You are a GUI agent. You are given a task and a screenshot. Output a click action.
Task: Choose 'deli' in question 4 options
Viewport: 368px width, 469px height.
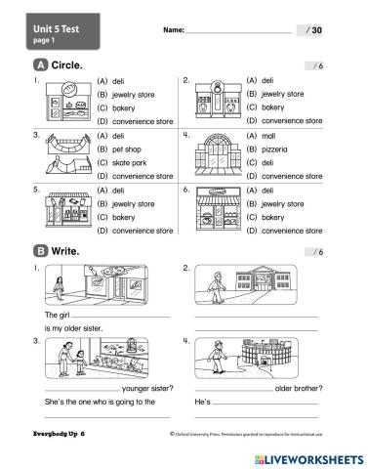pos(261,162)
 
